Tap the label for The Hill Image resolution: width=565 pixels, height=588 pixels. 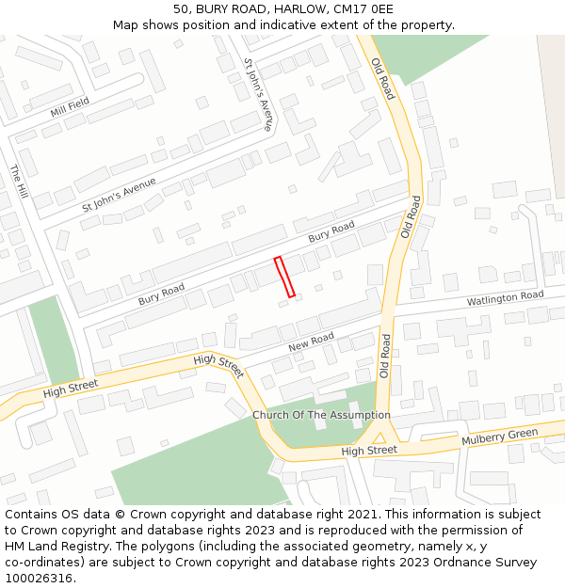(x=19, y=183)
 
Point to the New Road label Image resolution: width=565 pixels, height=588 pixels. (x=311, y=341)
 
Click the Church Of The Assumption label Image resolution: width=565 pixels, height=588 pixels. (x=321, y=415)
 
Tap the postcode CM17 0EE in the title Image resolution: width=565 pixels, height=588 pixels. (x=363, y=9)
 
